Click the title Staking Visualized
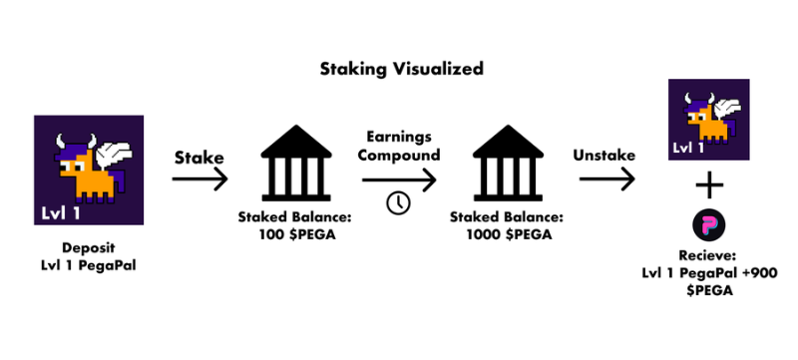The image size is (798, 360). point(402,69)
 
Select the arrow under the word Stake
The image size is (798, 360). point(199,179)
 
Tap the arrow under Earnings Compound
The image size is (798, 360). point(399,180)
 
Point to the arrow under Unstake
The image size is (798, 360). point(606,179)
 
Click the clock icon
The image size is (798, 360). point(398,203)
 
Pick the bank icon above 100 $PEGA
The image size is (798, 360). point(295,163)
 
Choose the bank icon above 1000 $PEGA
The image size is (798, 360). point(508,163)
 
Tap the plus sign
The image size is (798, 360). point(709,185)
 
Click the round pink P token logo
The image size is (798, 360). point(709,225)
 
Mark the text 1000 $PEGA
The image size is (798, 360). point(508,235)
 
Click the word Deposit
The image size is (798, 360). point(89,248)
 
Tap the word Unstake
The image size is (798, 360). point(604,156)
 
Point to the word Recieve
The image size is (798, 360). point(709,255)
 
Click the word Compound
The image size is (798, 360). point(398,155)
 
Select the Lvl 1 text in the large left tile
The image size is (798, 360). point(60,212)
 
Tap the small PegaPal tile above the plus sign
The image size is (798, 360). point(709,120)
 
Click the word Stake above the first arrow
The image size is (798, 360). point(199,159)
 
